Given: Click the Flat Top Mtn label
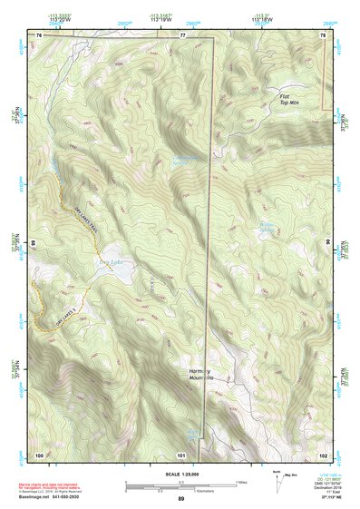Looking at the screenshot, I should click(x=289, y=99).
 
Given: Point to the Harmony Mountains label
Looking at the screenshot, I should click(x=200, y=376).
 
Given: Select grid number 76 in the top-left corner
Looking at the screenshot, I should click(x=39, y=34).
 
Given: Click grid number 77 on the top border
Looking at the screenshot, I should click(x=182, y=34).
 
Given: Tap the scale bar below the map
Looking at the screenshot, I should click(x=180, y=483).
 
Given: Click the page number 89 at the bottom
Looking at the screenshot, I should click(x=180, y=498).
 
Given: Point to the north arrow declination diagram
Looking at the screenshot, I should click(x=275, y=480).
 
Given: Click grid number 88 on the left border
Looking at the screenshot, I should click(x=34, y=243).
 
